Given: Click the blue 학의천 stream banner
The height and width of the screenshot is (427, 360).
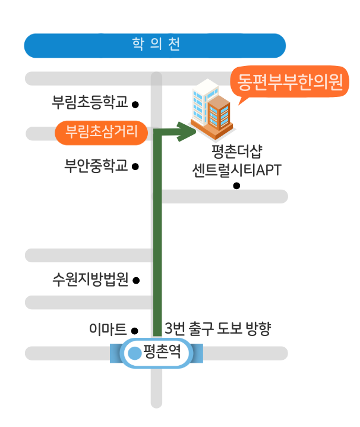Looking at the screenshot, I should (155, 45).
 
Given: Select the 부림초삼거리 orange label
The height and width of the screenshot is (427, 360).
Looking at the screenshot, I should (101, 131).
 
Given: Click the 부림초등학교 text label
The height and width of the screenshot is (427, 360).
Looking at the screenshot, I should (90, 103).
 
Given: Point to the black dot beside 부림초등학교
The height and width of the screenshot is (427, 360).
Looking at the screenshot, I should (135, 105).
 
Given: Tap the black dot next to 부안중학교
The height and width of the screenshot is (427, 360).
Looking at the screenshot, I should (135, 167).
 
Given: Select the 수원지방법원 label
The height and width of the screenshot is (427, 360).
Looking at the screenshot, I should (90, 279).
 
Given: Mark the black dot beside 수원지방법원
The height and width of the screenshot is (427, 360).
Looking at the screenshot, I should (136, 280).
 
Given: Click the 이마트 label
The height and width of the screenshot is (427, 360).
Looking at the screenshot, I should (108, 329).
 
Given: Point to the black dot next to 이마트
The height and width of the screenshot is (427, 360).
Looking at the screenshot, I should (135, 331).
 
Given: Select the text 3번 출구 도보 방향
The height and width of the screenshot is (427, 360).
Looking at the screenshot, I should (218, 329).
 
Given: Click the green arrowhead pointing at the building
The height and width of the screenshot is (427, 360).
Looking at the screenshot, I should (187, 131).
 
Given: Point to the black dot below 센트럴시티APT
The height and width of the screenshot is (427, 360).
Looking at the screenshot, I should (236, 186).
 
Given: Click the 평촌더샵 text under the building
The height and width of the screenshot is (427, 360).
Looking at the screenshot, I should (235, 150).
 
